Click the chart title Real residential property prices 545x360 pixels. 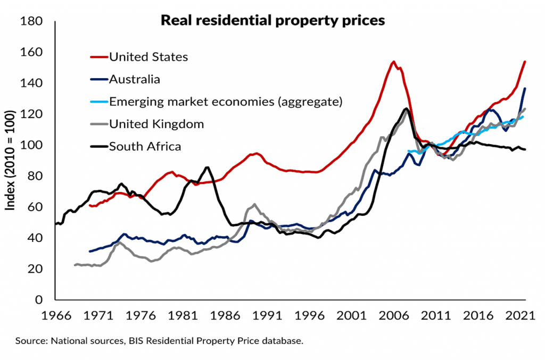[x=272, y=21]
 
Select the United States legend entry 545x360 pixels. [x=148, y=56]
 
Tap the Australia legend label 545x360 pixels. [x=134, y=79]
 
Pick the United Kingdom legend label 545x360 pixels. [x=156, y=124]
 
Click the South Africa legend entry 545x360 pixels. [x=145, y=146]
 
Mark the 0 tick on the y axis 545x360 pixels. [x=42, y=300]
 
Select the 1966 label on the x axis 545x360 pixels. [x=57, y=315]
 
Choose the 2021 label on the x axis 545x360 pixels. [x=518, y=315]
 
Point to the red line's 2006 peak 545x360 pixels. [x=393, y=62]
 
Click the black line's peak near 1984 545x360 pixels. [x=207, y=167]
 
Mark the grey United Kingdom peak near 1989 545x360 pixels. [x=254, y=204]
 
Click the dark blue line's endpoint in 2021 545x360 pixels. [x=525, y=88]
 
